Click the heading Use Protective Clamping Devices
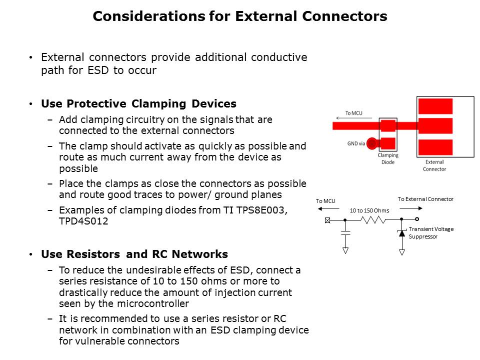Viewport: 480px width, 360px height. click(138, 104)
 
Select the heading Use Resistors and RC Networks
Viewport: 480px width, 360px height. click(134, 254)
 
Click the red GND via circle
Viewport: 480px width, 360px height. click(371, 143)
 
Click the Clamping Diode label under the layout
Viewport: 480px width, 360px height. click(387, 158)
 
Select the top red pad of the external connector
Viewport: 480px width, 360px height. click(435, 106)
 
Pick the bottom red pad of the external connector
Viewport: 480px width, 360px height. click(435, 147)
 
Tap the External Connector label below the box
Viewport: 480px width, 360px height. click(434, 165)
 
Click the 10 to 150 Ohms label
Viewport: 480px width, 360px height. click(369, 210)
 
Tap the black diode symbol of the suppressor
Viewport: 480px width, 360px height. click(401, 232)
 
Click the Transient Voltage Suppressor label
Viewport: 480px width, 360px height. click(430, 232)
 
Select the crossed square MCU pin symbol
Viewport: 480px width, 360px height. click(327, 220)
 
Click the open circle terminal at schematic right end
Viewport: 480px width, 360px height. click(417, 219)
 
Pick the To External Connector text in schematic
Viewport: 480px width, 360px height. click(425, 199)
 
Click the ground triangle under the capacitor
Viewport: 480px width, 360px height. click(345, 251)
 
